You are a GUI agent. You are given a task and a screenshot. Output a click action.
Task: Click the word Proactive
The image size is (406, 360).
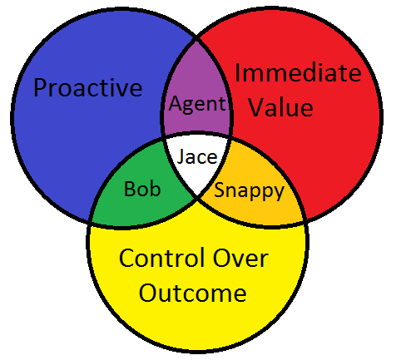tap(88, 88)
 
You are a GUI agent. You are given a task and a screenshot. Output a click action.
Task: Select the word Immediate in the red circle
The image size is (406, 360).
tap(298, 72)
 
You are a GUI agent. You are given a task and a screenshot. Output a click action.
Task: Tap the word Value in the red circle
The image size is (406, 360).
tap(281, 107)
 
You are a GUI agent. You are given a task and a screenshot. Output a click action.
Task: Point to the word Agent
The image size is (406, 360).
tap(197, 105)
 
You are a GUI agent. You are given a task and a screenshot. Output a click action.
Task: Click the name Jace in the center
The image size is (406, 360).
tap(197, 156)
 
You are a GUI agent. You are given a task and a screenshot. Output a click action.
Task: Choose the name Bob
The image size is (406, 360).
tap(142, 189)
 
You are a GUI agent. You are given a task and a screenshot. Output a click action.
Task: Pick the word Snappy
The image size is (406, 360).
tap(250, 191)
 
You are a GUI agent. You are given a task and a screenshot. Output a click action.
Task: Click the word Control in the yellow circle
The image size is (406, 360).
tap(162, 258)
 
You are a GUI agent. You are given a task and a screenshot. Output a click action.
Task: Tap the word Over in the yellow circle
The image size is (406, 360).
tap(240, 258)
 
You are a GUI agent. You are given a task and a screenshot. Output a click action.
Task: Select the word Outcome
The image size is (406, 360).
tap(192, 293)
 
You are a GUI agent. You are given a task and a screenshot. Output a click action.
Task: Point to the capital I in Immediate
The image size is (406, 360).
tap(237, 72)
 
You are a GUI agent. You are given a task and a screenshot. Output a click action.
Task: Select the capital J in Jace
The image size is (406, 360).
tap(181, 156)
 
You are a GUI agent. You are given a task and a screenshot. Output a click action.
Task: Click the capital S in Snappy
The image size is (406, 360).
tap(220, 190)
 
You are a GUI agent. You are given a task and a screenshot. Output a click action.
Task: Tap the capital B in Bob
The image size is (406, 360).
tap(130, 189)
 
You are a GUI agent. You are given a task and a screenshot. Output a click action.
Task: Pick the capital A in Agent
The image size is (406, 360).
tap(176, 103)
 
